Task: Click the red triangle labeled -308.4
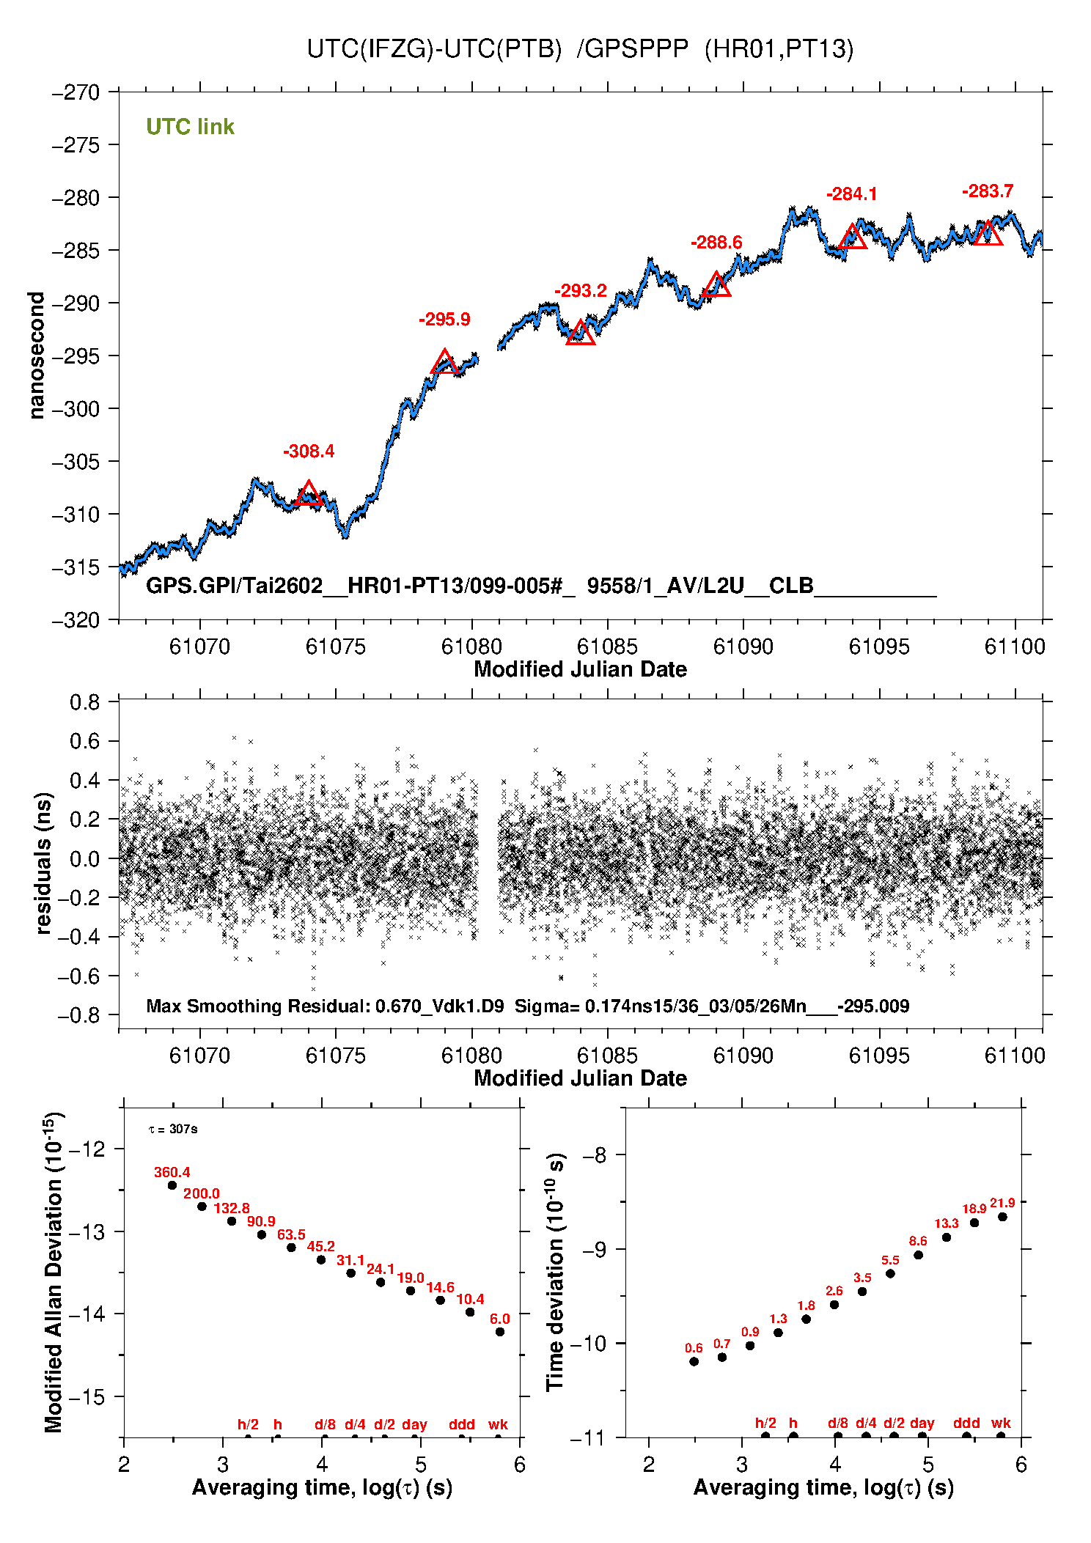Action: [x=309, y=495]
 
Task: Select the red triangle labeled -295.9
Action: [x=444, y=363]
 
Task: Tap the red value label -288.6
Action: [x=716, y=243]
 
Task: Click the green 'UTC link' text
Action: [x=190, y=127]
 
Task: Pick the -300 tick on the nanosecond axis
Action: [x=75, y=409]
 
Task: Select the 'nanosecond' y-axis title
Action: [x=36, y=356]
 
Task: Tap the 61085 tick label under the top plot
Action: [x=607, y=647]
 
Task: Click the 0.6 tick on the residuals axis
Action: [x=84, y=741]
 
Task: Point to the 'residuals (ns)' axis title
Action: [x=43, y=863]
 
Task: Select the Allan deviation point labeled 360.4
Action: [x=172, y=1185]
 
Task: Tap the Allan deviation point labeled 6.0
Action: [x=500, y=1332]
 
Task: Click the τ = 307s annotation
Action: [x=173, y=1129]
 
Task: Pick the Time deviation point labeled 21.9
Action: [x=1002, y=1217]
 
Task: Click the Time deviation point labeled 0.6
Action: [x=694, y=1361]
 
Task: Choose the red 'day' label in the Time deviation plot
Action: [x=922, y=1423]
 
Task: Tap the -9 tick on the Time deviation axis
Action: [x=598, y=1249]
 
